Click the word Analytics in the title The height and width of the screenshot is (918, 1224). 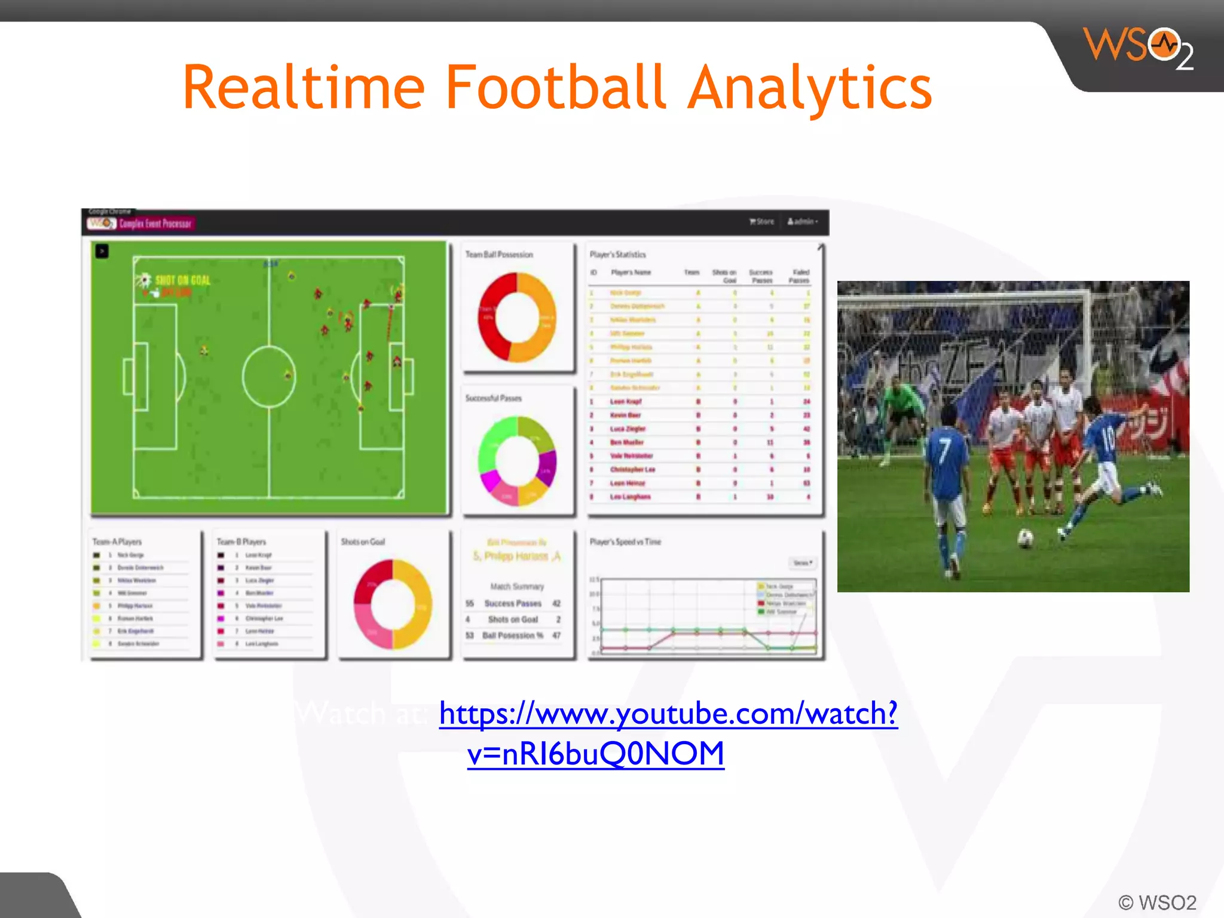(810, 88)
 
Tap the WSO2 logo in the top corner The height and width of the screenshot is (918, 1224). (1139, 48)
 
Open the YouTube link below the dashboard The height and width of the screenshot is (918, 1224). (668, 714)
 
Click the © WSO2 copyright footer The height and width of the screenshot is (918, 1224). (1157, 902)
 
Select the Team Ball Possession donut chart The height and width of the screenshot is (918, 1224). (518, 317)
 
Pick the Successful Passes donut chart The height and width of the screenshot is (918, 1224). (518, 461)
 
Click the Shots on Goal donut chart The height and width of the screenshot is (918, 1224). (393, 604)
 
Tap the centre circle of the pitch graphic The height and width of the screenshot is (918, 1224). (269, 376)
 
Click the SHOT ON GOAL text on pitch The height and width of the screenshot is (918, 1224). (182, 280)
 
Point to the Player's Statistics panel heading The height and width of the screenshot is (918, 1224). (618, 255)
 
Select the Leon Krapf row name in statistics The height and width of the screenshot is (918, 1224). (626, 402)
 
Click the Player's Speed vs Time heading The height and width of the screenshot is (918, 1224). (625, 542)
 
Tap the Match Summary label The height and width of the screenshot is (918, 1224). (517, 586)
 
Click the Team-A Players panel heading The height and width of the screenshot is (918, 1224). (117, 542)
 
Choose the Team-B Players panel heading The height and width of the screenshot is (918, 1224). (241, 542)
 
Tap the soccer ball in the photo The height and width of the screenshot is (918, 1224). (1026, 538)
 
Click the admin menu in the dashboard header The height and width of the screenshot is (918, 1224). (802, 222)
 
